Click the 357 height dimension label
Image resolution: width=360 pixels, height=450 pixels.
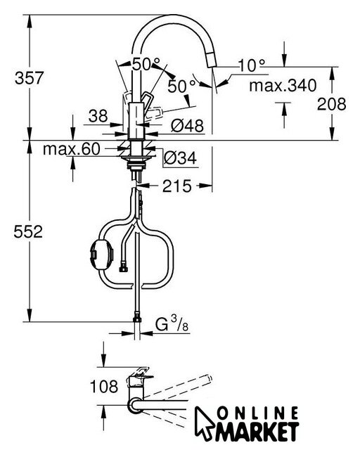[29, 78]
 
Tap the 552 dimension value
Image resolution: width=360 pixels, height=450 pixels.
[28, 231]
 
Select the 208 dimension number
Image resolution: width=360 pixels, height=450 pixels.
[332, 104]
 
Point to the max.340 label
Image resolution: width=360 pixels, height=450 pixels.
[283, 85]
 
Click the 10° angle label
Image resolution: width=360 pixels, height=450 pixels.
[252, 65]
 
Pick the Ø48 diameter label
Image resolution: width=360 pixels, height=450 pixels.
[188, 125]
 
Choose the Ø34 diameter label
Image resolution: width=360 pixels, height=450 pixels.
[180, 157]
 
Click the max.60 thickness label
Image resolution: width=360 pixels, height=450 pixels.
[72, 149]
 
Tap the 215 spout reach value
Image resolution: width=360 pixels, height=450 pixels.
[177, 186]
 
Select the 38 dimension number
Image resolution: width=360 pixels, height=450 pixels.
[98, 116]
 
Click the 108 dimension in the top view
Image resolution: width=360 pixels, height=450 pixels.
[104, 386]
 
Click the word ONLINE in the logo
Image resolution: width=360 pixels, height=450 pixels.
[257, 414]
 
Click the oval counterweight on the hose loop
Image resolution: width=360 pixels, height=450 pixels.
[102, 255]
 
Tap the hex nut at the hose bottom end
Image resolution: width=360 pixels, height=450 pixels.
[137, 319]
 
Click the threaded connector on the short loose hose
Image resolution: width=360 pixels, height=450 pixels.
[123, 269]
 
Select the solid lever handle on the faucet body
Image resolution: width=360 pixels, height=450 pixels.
[146, 102]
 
